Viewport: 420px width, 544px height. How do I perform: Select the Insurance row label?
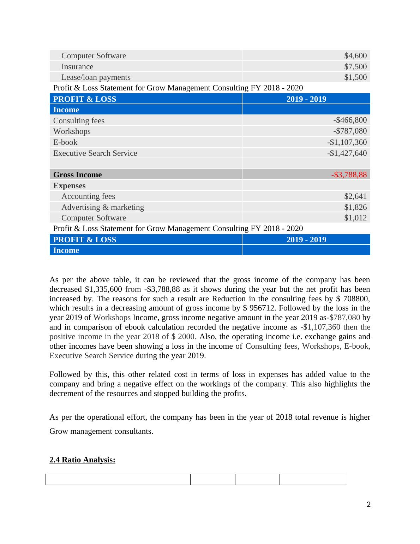click(x=77, y=67)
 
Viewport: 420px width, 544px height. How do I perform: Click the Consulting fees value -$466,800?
click(x=350, y=120)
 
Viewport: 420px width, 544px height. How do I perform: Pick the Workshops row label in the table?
click(x=72, y=131)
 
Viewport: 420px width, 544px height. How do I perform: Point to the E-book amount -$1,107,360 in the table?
click(x=347, y=142)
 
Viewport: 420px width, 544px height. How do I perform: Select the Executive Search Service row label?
click(x=95, y=153)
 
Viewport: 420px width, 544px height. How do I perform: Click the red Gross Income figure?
click(x=349, y=175)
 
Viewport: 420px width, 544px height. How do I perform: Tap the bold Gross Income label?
click(x=77, y=175)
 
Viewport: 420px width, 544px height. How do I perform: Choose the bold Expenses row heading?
click(x=69, y=186)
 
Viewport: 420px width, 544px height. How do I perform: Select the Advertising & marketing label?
click(x=102, y=207)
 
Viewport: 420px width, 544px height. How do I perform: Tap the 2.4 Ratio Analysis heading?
click(x=82, y=460)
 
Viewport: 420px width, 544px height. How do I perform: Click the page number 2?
click(x=368, y=505)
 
